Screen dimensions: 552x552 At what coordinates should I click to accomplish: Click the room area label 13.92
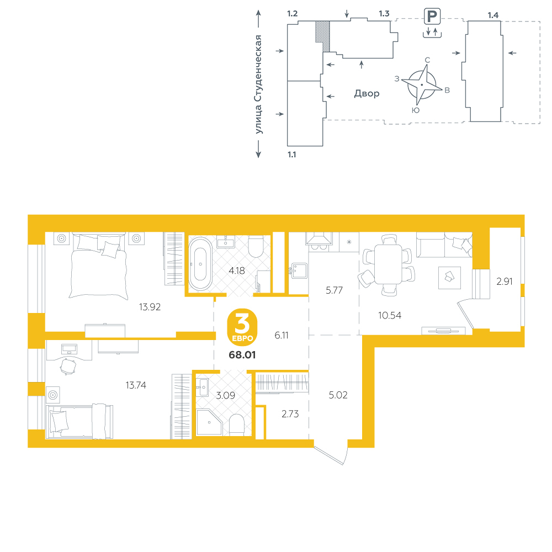click(x=150, y=307)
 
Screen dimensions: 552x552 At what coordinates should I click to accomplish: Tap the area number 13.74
click(x=136, y=385)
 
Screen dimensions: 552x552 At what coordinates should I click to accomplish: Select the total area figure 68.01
click(x=242, y=355)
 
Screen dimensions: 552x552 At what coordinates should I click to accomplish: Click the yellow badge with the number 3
click(x=242, y=327)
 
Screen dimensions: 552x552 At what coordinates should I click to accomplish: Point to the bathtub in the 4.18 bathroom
click(x=200, y=263)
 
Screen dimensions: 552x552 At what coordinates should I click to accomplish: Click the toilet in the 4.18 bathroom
click(x=256, y=246)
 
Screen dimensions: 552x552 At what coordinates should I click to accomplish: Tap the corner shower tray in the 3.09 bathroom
click(x=209, y=422)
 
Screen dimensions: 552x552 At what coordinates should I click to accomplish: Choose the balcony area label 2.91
click(x=505, y=282)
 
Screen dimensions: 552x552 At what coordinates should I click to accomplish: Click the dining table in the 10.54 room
click(x=388, y=264)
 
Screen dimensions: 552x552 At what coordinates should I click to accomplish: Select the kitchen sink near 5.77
click(x=299, y=270)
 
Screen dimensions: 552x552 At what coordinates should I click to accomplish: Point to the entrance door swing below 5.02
click(x=330, y=455)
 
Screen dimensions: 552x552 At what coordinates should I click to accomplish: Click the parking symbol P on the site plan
click(x=432, y=17)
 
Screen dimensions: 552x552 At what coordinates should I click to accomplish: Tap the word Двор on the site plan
click(x=367, y=93)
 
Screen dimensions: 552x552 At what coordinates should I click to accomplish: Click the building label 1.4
click(x=493, y=15)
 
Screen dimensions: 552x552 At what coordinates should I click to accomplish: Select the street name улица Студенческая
click(x=259, y=84)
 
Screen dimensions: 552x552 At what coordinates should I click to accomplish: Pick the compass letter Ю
click(x=416, y=110)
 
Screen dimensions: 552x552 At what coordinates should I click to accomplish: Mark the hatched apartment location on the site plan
click(x=322, y=36)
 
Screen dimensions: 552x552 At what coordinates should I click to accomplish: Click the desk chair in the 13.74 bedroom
click(x=68, y=367)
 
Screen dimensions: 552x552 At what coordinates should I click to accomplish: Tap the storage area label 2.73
click(x=290, y=414)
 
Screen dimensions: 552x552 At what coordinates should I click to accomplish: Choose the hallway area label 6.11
click(x=282, y=335)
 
